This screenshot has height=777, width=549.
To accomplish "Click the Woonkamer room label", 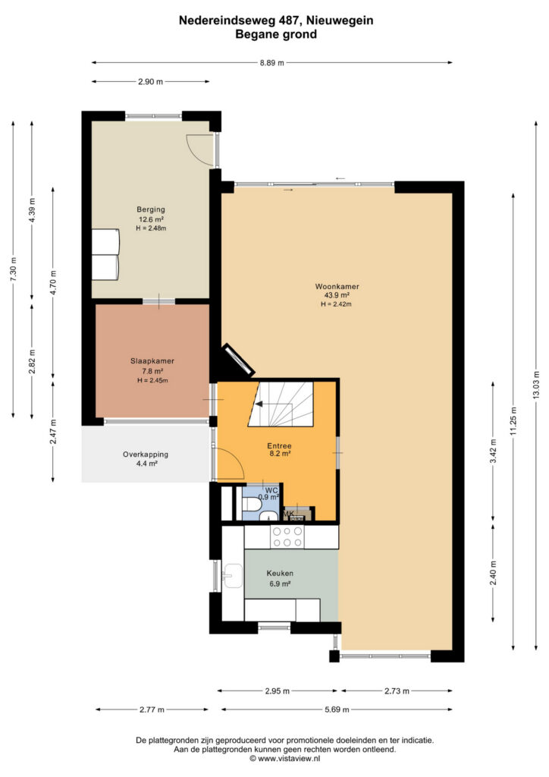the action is point(337,286).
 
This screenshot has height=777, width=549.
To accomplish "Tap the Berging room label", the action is point(151,209).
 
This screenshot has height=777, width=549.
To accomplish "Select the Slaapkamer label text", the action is point(152,361).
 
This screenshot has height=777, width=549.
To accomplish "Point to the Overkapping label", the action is point(146,455).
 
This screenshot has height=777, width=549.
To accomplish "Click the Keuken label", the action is point(280,574).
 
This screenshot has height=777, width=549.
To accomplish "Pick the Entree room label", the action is point(280,446).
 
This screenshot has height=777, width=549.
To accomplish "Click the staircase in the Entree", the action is point(281,404).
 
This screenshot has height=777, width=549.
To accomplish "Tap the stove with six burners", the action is point(287,536).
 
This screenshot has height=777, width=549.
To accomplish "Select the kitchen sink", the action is point(232,576).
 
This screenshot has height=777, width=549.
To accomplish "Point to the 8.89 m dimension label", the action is point(271,63).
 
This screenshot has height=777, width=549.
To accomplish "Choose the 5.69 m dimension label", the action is point(337,709).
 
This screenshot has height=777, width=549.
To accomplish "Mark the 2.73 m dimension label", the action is point(397,690).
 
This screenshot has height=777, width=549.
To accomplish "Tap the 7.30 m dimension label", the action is point(14,270).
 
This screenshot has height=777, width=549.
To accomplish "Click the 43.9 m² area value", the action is point(337,295).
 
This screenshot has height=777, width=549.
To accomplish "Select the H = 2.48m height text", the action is point(151,228).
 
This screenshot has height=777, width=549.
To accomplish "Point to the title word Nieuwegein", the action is point(340,20).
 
